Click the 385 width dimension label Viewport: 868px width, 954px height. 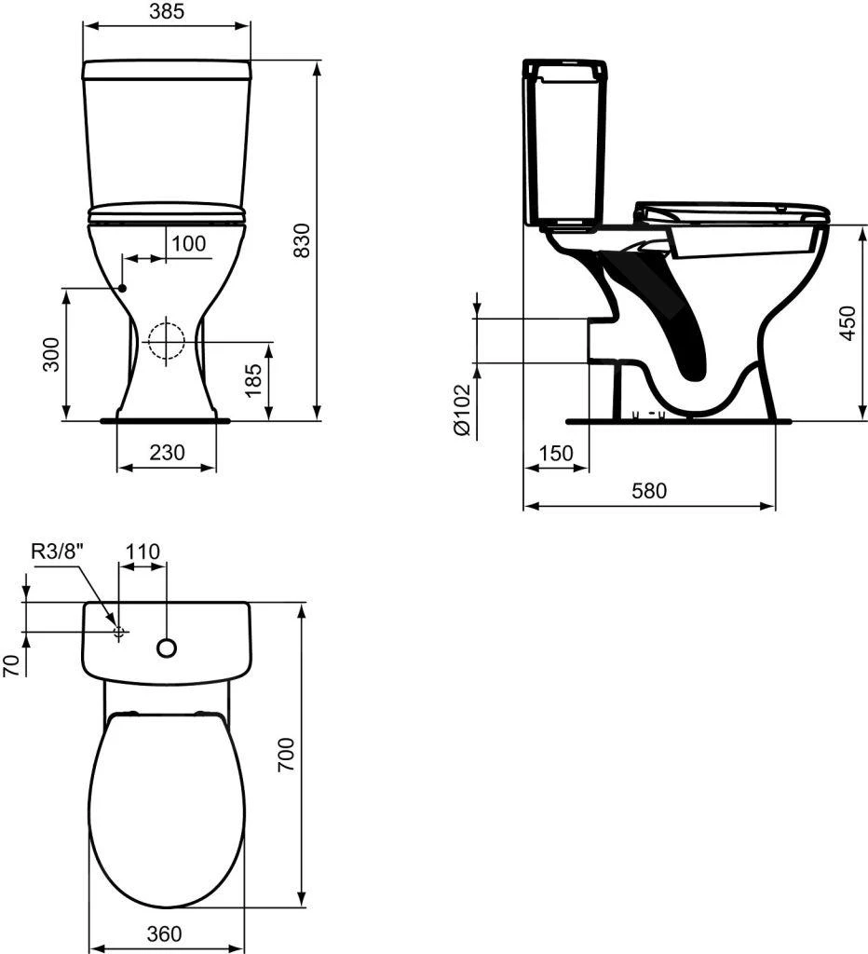point(167,11)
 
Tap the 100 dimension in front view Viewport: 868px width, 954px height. point(188,244)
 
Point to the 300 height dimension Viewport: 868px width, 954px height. point(52,354)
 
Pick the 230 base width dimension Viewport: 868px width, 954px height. point(167,453)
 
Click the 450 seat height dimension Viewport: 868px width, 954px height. point(846,322)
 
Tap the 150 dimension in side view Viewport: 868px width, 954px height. point(555,453)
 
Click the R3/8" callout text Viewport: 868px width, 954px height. point(59,551)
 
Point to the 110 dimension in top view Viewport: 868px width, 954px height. point(142,551)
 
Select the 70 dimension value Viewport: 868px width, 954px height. point(12,664)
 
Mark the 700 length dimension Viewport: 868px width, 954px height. point(286,754)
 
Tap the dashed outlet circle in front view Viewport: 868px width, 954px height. point(167,340)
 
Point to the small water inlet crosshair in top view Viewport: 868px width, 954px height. point(118,632)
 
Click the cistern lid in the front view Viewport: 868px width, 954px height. point(167,70)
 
